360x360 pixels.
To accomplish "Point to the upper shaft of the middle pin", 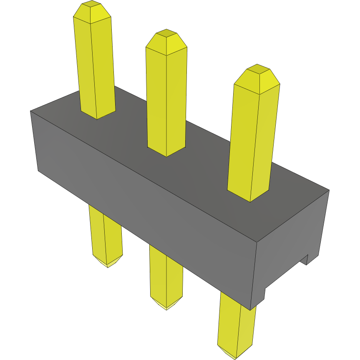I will (166, 100).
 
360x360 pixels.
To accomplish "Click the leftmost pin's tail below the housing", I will (105, 234).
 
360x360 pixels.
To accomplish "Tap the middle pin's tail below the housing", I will (166, 275).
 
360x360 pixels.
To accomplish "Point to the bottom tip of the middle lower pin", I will (166, 306).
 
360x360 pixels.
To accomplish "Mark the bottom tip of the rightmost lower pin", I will (236, 355).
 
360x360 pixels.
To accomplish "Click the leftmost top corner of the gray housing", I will (31, 111).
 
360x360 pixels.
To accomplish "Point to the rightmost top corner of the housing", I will (329, 191).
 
